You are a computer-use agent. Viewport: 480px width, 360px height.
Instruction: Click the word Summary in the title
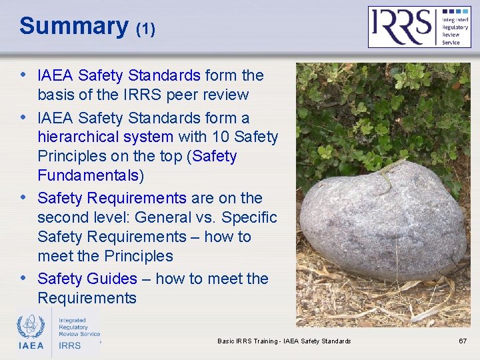click(73, 26)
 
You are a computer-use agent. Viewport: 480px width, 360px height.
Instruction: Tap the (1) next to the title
click(145, 29)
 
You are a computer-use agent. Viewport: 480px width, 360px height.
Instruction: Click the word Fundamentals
click(89, 176)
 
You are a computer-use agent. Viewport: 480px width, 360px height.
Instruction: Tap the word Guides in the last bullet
click(115, 279)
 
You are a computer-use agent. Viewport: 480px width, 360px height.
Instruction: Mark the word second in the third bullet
click(63, 217)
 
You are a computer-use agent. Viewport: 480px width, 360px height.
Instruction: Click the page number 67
click(463, 341)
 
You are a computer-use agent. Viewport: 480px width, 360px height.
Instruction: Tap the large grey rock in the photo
click(383, 223)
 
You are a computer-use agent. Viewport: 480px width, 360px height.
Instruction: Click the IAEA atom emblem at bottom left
click(31, 326)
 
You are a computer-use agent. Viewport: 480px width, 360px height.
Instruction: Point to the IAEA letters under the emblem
click(31, 345)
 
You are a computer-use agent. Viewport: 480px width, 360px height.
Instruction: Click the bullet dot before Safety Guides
click(24, 277)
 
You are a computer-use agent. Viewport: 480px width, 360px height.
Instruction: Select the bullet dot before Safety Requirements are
click(24, 197)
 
